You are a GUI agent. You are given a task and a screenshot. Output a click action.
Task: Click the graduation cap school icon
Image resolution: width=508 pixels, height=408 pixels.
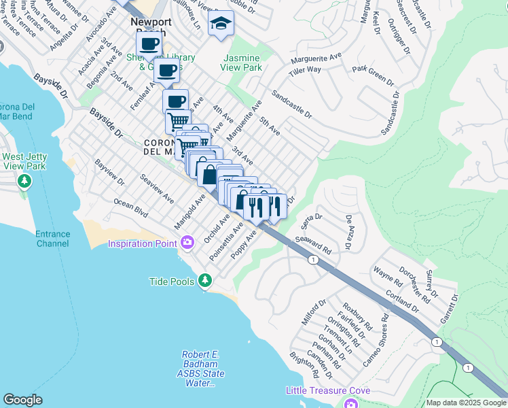point(219,24)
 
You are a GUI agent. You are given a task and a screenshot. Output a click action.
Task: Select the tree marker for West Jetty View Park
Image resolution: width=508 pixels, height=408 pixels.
point(24,182)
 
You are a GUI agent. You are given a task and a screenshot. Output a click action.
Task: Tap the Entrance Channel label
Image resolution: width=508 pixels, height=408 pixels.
point(52,239)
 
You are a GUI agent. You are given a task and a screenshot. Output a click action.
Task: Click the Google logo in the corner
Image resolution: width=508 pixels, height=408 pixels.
point(22,400)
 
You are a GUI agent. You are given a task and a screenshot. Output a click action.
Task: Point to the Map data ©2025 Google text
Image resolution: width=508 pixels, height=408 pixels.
point(465,403)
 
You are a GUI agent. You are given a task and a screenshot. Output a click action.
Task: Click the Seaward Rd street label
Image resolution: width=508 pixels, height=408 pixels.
point(312,245)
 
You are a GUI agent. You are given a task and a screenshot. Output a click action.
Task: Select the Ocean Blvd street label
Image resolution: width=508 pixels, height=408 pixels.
point(130,207)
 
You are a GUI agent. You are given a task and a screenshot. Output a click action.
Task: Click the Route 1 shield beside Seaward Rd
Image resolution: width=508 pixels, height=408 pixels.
point(312,260)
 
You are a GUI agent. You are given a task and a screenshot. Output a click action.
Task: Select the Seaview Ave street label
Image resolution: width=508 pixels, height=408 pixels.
point(157,188)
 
